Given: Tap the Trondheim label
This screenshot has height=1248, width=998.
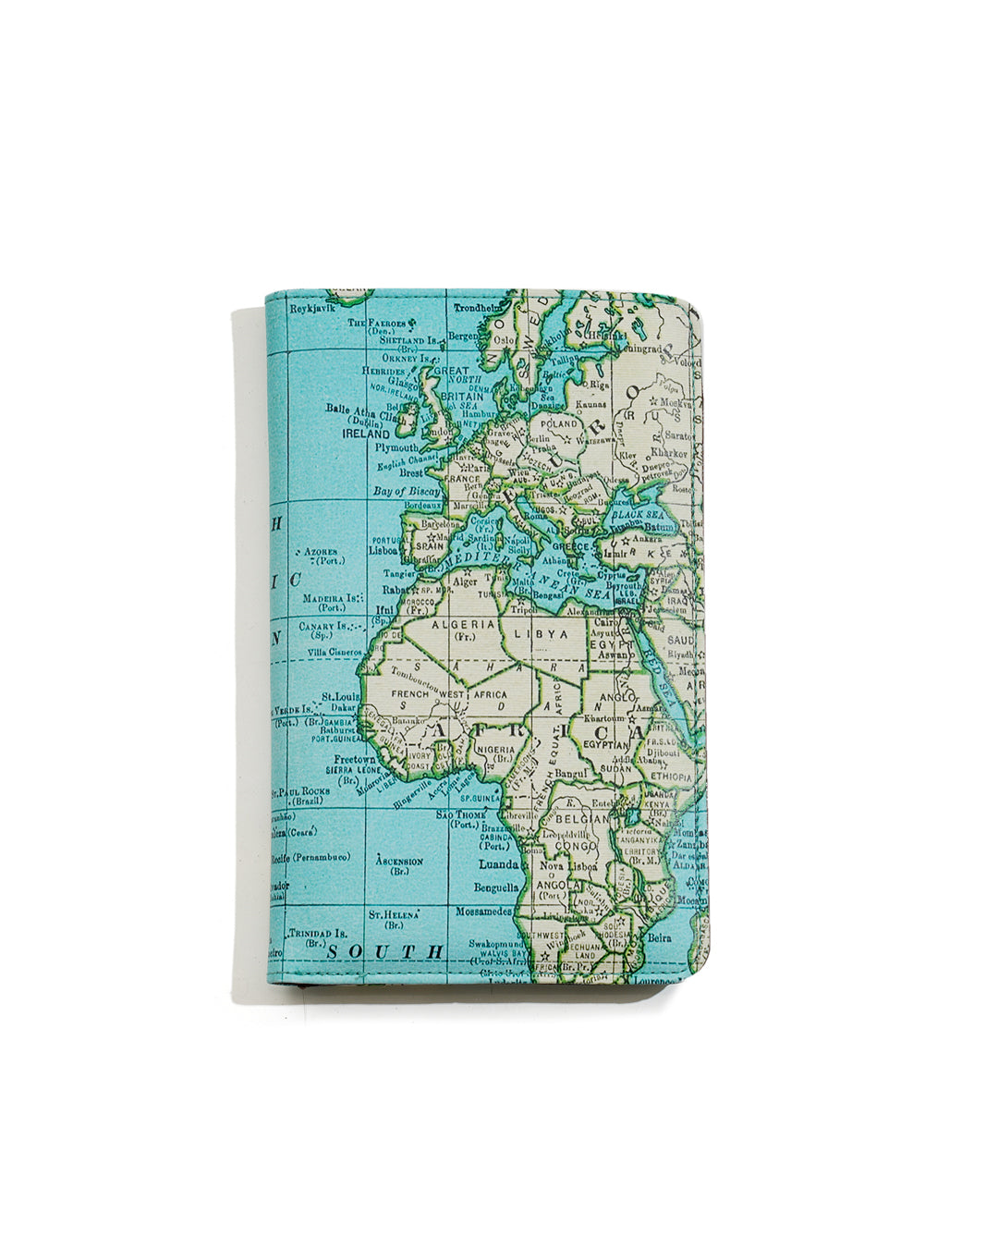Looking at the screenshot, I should click(x=478, y=307).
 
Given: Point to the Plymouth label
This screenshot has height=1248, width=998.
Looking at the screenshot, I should click(x=396, y=447).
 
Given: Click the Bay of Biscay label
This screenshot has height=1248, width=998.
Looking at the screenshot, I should click(x=407, y=491).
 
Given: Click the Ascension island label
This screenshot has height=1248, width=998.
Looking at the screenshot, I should click(x=399, y=862).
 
